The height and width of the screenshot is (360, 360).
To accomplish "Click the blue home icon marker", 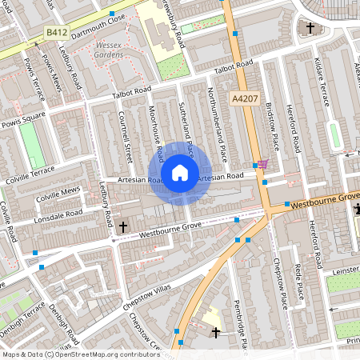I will (x=180, y=173).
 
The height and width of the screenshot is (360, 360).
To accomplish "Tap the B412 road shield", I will (x=56, y=33).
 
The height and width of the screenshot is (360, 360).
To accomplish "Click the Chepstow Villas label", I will (x=149, y=297).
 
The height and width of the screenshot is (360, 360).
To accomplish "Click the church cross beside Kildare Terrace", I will (x=311, y=28).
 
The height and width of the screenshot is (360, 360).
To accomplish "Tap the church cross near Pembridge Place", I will (x=215, y=332).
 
